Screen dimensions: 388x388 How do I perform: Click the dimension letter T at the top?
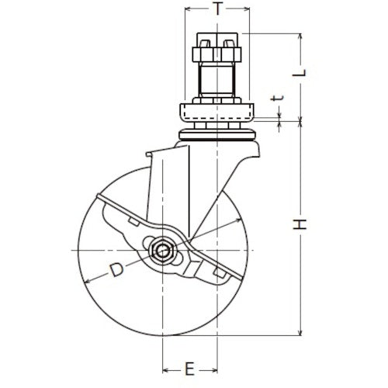(218, 9)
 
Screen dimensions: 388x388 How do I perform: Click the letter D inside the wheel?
(115, 271)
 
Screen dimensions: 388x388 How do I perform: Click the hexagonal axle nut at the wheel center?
(162, 251)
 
